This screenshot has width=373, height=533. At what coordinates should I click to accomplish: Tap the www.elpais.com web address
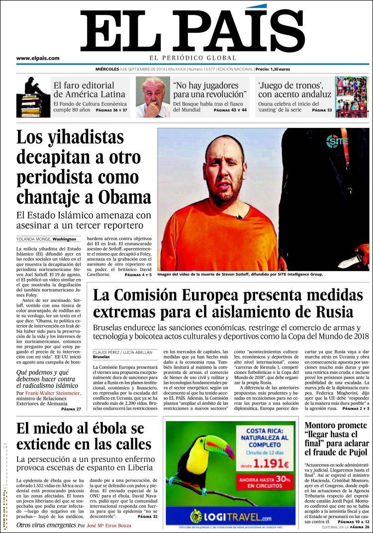pos(38,58)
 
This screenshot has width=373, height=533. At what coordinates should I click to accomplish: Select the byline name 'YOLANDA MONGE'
pos(33,239)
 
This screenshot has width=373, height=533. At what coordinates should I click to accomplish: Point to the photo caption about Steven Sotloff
pos(240,274)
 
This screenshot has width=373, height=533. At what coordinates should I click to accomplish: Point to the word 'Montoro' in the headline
pos(324,426)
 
